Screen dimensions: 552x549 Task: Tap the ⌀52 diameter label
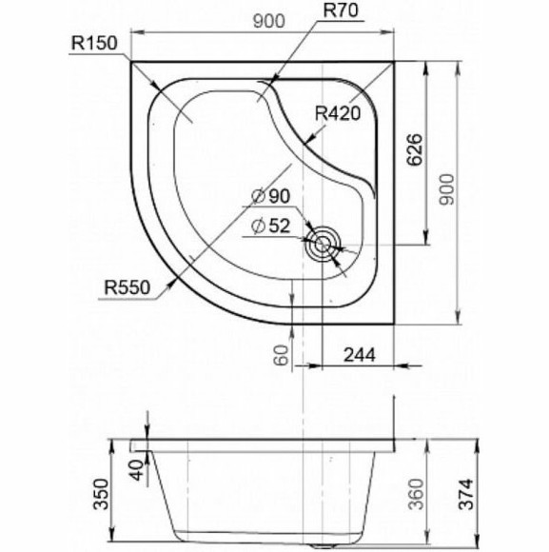coord(271,227)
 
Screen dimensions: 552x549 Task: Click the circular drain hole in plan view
coord(324,244)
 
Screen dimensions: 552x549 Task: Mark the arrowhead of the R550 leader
coord(172,282)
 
